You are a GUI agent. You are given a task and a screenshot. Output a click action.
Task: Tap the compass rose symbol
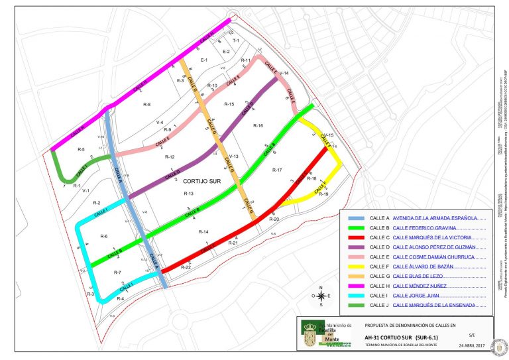click(x=320, y=296)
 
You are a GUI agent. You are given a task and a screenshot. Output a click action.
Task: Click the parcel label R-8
click(x=146, y=105)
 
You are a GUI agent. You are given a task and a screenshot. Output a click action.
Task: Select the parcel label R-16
click(x=258, y=125)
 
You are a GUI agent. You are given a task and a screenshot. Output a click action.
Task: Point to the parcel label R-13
click(x=188, y=193)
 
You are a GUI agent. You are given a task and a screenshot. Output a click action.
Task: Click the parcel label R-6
click(x=103, y=236)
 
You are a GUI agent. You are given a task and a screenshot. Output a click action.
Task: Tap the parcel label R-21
click(x=233, y=243)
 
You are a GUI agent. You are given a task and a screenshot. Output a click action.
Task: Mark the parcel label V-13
click(x=233, y=156)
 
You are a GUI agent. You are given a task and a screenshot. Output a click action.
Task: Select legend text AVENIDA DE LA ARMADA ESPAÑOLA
click(x=435, y=217)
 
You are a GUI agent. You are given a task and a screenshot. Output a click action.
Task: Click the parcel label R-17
click(x=277, y=170)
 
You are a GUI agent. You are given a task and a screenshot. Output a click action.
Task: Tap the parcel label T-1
click(x=235, y=40)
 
